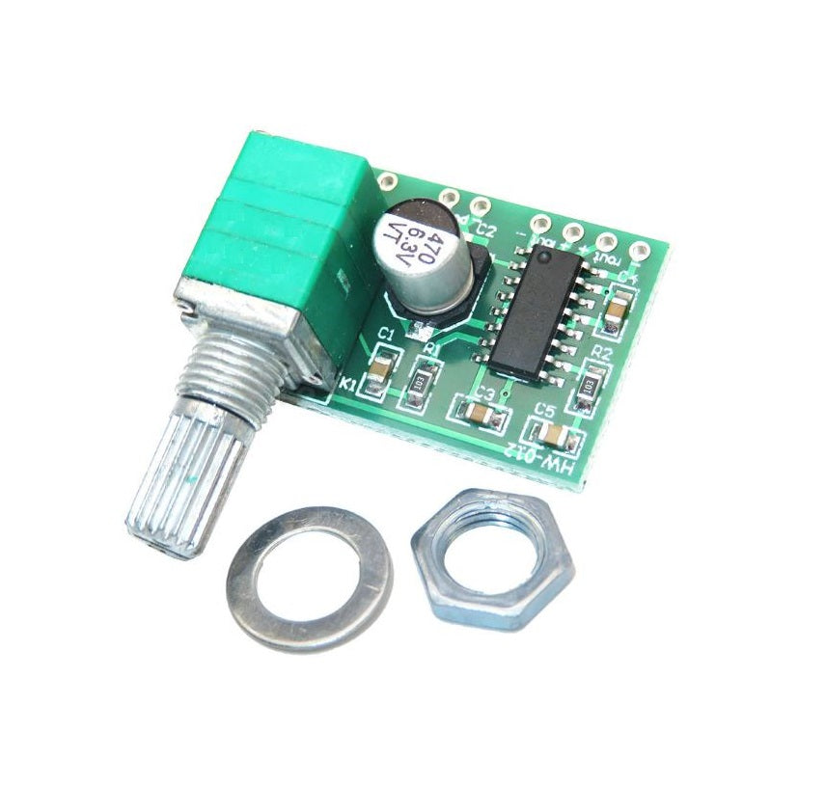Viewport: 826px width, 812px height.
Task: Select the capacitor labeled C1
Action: (383, 365)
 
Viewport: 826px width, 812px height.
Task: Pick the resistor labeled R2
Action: (589, 384)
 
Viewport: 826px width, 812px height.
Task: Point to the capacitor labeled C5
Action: (552, 433)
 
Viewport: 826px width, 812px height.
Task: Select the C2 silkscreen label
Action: (486, 230)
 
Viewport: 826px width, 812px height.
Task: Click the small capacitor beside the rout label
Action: (615, 308)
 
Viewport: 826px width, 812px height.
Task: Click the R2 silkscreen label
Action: (602, 354)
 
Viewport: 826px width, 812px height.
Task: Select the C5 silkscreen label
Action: (545, 410)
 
